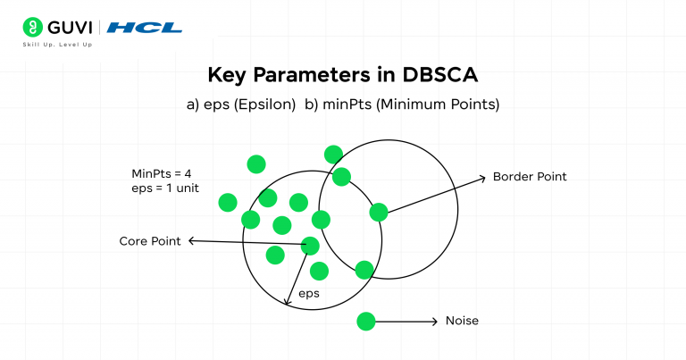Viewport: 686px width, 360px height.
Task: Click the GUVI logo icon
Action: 32,27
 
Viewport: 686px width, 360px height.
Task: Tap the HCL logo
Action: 144,28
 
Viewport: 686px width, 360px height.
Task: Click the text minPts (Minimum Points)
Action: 402,105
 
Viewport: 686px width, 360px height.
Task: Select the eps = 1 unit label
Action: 164,188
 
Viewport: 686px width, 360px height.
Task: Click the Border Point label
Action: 530,177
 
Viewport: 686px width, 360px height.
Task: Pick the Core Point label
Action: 150,241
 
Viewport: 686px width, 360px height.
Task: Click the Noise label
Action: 461,321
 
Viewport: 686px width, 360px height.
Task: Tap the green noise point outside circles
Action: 365,321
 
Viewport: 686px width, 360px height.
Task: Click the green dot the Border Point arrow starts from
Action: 379,212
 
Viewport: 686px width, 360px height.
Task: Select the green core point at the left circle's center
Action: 311,245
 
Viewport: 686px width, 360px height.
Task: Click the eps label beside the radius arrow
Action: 309,293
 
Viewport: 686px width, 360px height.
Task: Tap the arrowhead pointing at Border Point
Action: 482,176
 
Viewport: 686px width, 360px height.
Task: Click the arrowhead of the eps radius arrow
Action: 288,302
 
